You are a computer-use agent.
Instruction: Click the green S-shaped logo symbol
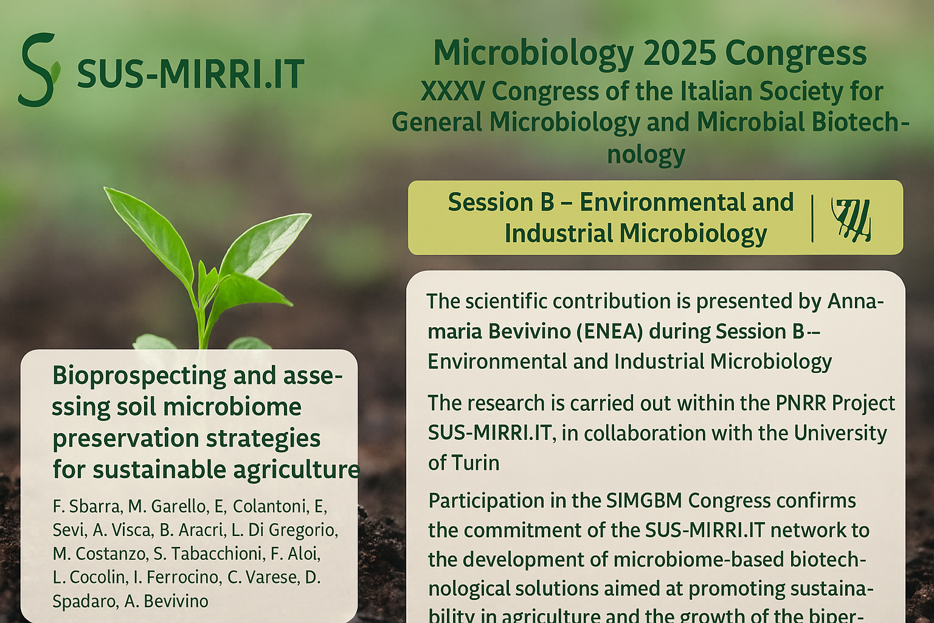tap(39, 70)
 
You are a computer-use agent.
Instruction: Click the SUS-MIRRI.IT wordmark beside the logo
tap(191, 74)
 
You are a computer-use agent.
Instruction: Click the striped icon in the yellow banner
tap(851, 219)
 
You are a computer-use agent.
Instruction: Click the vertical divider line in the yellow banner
tap(812, 218)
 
